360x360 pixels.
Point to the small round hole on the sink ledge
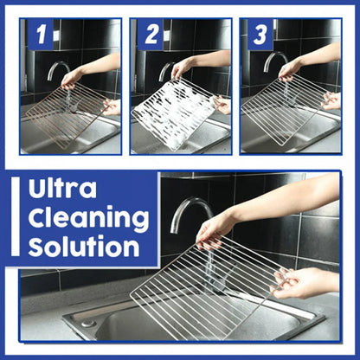coord(88,323)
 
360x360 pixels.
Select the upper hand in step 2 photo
coord(183,67)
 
